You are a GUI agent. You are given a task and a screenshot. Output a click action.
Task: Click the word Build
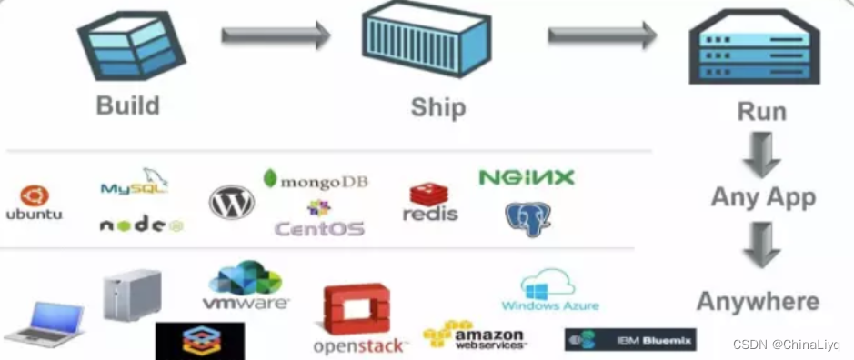127,105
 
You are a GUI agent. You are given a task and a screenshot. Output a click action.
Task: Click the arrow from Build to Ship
276,36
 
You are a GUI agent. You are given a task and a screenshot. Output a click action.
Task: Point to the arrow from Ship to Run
601,35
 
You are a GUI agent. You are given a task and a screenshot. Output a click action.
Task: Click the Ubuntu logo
34,203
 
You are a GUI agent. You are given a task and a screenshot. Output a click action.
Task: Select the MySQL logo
134,185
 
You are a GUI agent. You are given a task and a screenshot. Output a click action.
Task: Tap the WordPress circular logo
232,202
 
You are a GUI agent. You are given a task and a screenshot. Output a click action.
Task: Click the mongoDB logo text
316,180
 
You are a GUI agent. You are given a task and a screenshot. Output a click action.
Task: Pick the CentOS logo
319,222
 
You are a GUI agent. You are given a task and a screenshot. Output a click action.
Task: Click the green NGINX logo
527,176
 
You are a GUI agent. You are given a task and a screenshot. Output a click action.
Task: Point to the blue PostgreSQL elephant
527,219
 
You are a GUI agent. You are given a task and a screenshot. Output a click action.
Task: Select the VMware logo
246,285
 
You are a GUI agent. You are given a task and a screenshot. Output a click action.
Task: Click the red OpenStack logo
358,318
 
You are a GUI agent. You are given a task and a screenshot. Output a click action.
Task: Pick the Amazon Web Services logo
474,336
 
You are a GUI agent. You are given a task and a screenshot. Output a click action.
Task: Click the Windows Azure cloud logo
550,291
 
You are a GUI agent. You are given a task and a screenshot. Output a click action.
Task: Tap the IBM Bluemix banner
629,340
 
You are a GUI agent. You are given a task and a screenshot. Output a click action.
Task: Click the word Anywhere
757,301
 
